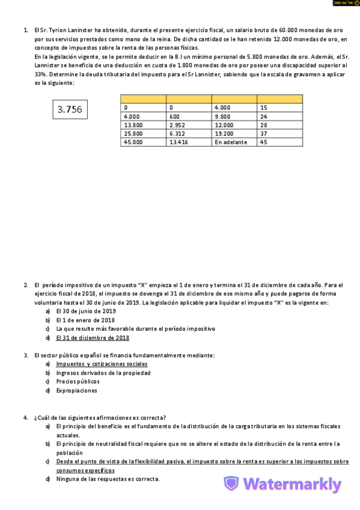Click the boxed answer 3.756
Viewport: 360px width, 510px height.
pyautogui.click(x=69, y=109)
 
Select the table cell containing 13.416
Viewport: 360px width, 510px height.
pyautogui.click(x=188, y=143)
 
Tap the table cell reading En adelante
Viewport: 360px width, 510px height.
pyautogui.click(x=234, y=143)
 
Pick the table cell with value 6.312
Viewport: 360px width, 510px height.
pyautogui.click(x=188, y=134)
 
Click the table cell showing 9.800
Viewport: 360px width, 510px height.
pyautogui.click(x=234, y=116)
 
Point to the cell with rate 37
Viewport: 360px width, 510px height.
pyautogui.click(x=279, y=134)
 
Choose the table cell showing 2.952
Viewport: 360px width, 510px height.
pyautogui.click(x=188, y=125)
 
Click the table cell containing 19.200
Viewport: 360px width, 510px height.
pyautogui.click(x=234, y=134)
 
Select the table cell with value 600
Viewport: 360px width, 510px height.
pyautogui.click(x=188, y=116)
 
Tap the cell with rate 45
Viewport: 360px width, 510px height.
pyautogui.click(x=279, y=143)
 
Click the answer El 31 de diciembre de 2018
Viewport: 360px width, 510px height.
pyautogui.click(x=93, y=338)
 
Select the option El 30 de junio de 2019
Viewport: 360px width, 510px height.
pyautogui.click(x=86, y=312)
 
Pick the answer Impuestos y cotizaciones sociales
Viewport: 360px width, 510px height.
pyautogui.click(x=102, y=364)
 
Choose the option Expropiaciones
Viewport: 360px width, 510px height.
pyautogui.click(x=76, y=390)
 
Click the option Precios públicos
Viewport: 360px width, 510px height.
pyautogui.click(x=78, y=381)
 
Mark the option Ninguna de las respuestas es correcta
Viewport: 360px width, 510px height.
pyautogui.click(x=108, y=479)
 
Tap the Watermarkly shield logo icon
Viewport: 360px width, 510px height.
pyautogui.click(x=231, y=484)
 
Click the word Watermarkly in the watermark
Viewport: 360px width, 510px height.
pyautogui.click(x=292, y=485)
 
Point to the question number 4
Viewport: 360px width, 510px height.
pyautogui.click(x=26, y=417)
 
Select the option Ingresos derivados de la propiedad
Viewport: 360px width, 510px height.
pyautogui.click(x=103, y=373)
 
